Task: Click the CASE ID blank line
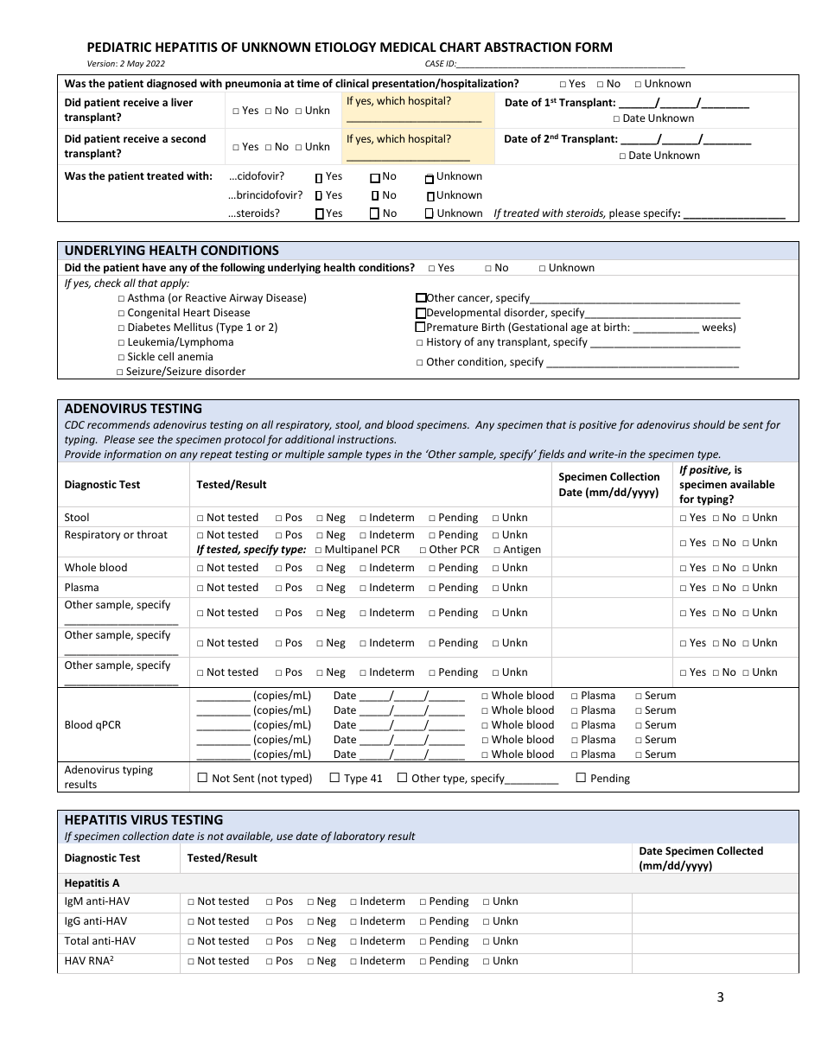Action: [570, 65]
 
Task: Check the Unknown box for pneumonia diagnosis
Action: [638, 85]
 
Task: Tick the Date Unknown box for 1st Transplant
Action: [617, 119]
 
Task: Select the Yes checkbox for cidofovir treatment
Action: [319, 177]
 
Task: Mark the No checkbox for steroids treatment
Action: [374, 213]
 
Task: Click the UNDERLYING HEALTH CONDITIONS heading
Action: [172, 251]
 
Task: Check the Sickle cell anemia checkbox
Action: [122, 357]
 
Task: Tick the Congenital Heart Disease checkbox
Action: [122, 313]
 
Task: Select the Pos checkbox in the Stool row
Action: [279, 519]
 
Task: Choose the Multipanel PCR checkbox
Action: [318, 550]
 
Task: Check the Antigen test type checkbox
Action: [497, 550]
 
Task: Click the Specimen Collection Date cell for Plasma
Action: [611, 588]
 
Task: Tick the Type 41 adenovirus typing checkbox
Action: [334, 778]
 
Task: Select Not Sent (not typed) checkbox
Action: [203, 778]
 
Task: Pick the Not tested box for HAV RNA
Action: [191, 961]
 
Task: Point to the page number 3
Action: [720, 997]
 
